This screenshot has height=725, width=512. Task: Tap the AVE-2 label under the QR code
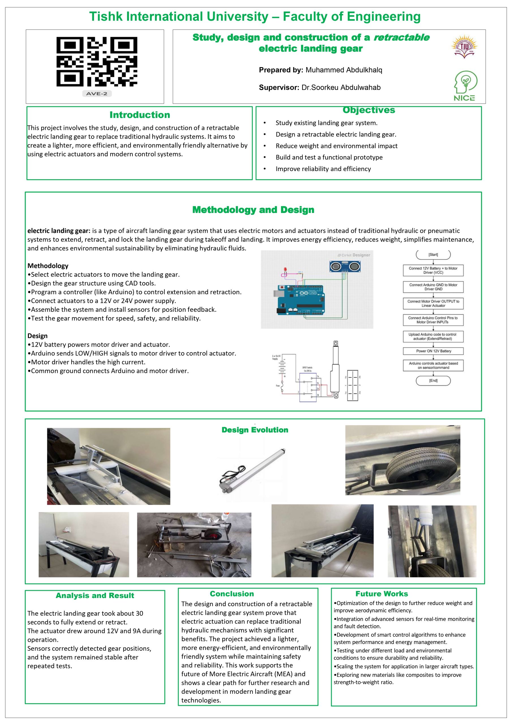point(97,93)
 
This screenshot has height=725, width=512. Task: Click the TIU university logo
point(464,47)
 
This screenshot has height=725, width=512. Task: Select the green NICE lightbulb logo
point(465,86)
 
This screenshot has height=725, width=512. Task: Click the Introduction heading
point(140,115)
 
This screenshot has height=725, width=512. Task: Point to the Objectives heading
point(369,110)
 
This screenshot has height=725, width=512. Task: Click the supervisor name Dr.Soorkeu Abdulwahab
point(341,88)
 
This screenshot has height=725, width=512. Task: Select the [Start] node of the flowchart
point(433,255)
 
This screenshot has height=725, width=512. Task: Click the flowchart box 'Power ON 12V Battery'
point(433,351)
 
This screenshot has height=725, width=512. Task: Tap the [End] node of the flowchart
point(433,381)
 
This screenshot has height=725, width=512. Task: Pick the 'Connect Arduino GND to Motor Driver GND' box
point(433,287)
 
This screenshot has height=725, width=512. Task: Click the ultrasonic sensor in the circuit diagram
point(345,267)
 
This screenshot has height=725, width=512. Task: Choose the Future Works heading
point(381,594)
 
